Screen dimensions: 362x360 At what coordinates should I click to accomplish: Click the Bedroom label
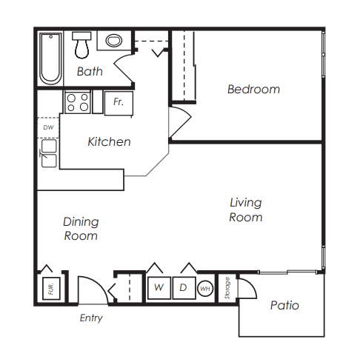pyautogui.click(x=253, y=90)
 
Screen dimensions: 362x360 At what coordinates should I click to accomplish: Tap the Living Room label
pyautogui.click(x=245, y=210)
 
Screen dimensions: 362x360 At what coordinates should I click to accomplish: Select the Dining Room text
pyautogui.click(x=81, y=229)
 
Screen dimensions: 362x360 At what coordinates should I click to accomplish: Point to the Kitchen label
pyautogui.click(x=109, y=141)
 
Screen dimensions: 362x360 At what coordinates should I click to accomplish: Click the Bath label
pyautogui.click(x=90, y=72)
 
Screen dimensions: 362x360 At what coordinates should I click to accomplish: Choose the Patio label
pyautogui.click(x=284, y=305)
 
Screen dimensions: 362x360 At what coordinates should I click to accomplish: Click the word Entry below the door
pyautogui.click(x=90, y=318)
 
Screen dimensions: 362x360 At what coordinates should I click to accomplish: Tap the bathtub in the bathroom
pyautogui.click(x=50, y=58)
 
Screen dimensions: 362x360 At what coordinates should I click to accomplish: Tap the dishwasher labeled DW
pyautogui.click(x=47, y=127)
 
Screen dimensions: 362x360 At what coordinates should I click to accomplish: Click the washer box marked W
pyautogui.click(x=158, y=287)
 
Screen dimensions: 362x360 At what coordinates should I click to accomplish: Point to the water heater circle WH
pyautogui.click(x=204, y=288)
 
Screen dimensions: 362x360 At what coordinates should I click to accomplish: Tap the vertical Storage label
pyautogui.click(x=227, y=287)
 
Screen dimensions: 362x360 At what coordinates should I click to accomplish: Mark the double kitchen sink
pyautogui.click(x=48, y=154)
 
